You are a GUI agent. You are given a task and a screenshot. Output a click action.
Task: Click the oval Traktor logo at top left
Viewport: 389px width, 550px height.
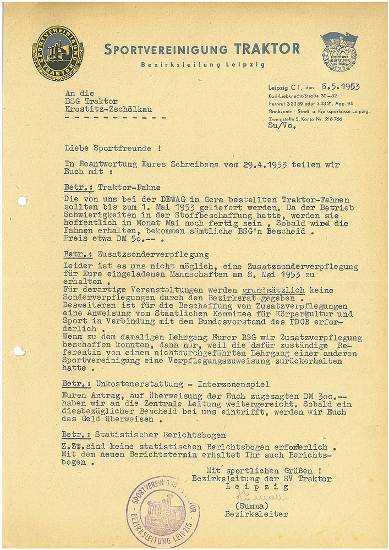pos(57,53)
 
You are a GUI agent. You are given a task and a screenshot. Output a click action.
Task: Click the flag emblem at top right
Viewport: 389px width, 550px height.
pos(339,51)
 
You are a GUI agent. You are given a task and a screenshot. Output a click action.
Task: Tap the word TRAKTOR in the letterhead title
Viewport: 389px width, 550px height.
pos(267,48)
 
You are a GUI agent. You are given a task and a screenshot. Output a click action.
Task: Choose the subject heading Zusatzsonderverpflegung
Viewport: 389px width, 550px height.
pos(153,255)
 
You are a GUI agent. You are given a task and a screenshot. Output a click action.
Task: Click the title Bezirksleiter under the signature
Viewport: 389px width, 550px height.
pos(256,514)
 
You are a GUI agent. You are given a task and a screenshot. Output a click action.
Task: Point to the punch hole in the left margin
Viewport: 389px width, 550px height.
pos(22,201)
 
